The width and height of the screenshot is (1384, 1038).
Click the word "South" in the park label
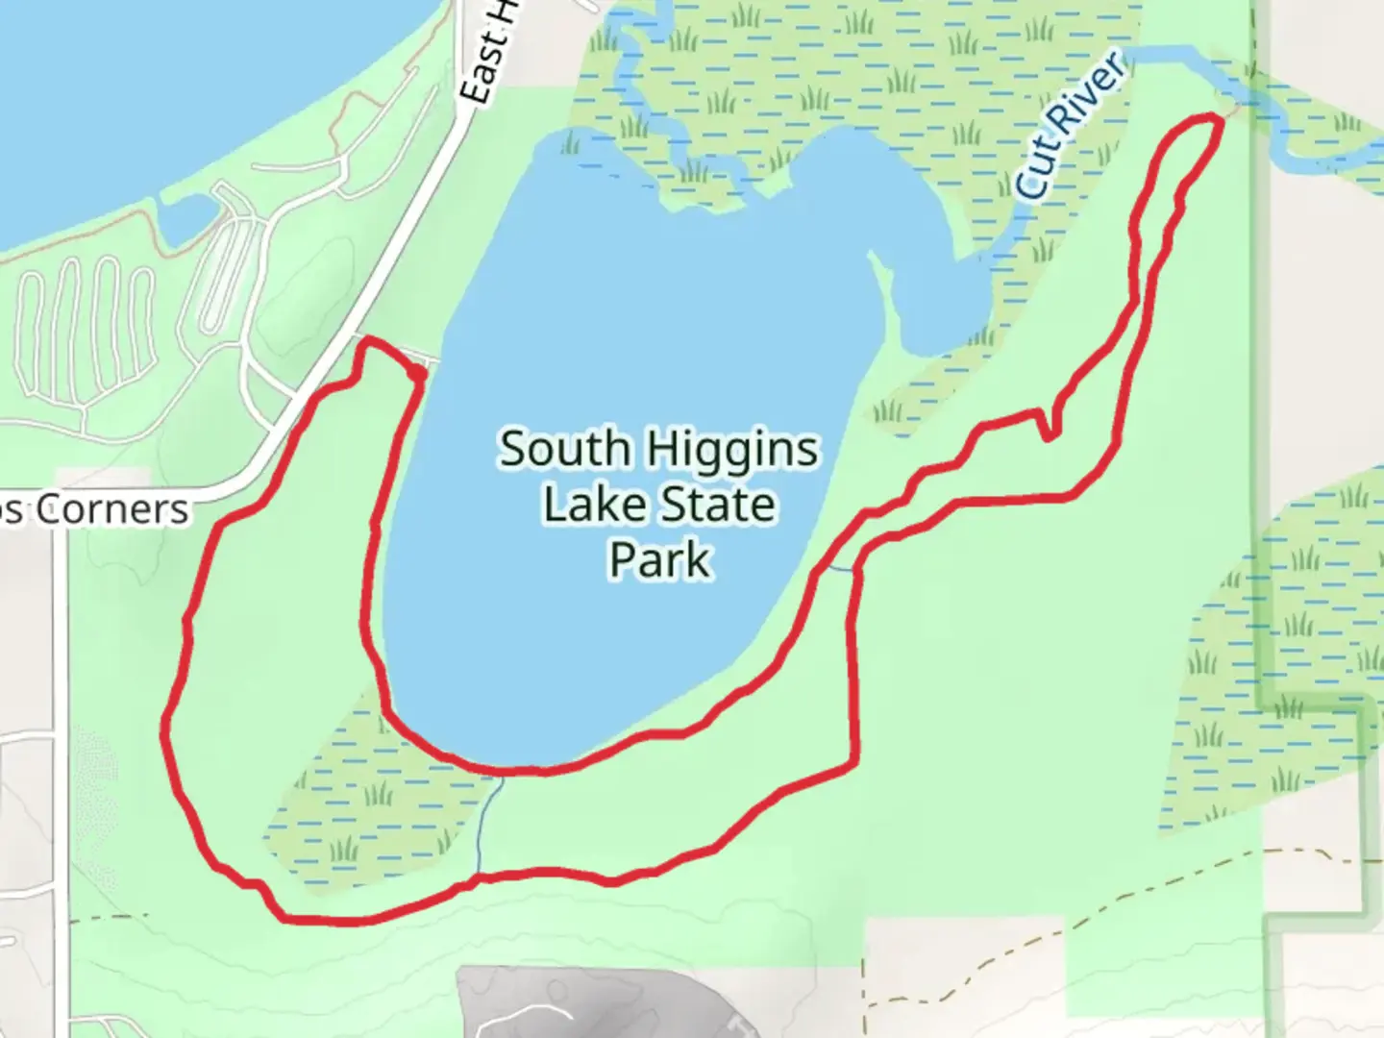pos(563,450)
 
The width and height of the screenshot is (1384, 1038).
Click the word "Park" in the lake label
pos(659,560)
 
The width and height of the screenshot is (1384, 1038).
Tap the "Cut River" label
pos(1071,127)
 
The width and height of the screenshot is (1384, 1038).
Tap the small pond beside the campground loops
pos(187,220)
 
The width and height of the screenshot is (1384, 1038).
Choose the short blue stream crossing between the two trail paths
pos(838,569)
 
